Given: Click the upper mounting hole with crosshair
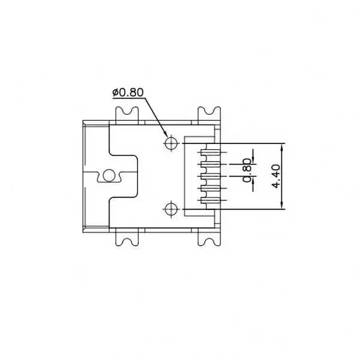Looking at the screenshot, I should (x=171, y=143).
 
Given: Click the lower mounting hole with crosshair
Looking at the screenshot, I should (x=171, y=208).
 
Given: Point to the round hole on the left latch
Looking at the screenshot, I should (x=109, y=175).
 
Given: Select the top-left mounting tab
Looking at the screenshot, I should (x=127, y=114).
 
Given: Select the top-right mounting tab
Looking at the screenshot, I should (x=209, y=114).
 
